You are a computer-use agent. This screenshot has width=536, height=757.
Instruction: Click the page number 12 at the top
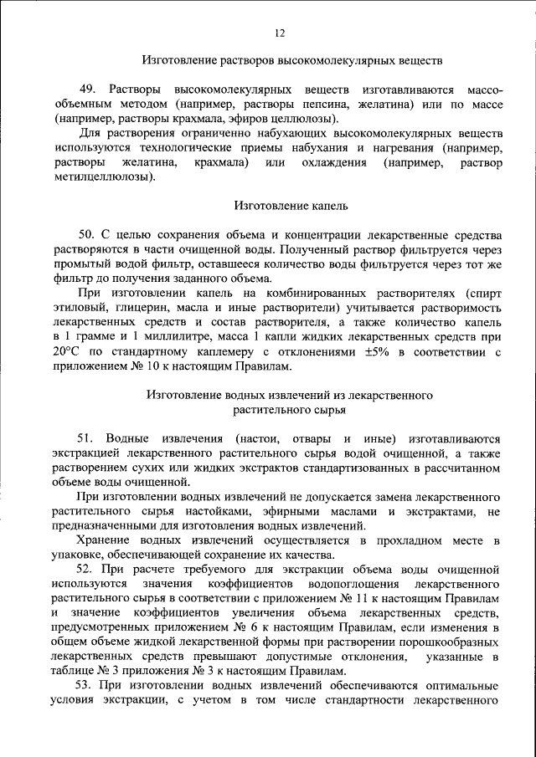coord(280,33)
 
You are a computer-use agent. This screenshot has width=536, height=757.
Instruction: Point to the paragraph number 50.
coord(85,234)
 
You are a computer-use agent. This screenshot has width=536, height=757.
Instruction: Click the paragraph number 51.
coord(86,438)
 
